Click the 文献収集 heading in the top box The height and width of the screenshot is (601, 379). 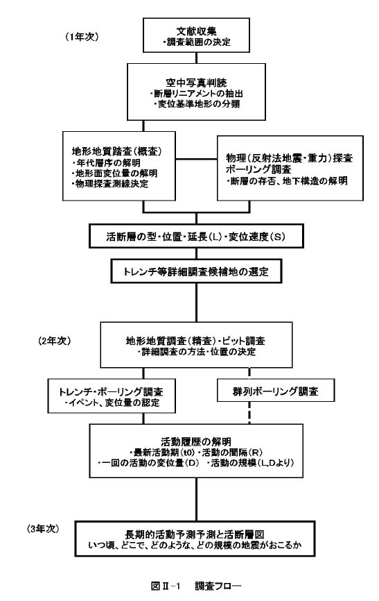[196, 31]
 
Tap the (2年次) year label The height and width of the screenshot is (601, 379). [54, 341]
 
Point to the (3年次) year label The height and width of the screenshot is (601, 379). [43, 529]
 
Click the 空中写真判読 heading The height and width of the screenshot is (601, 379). [196, 83]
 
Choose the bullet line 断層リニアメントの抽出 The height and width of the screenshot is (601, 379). [196, 94]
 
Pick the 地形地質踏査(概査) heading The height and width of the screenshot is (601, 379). [117, 151]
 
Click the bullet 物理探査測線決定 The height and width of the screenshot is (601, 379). [110, 184]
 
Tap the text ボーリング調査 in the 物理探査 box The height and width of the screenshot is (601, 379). [258, 169]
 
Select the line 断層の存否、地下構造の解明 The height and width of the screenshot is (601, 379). [287, 180]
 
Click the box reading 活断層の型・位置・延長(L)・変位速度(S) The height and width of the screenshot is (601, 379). [196, 236]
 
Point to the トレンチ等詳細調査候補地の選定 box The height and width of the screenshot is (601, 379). [196, 271]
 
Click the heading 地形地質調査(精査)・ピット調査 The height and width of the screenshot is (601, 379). [195, 341]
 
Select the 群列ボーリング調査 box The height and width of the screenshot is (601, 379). [276, 390]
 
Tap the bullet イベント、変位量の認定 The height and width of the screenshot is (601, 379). [112, 403]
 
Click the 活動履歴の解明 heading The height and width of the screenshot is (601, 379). [196, 441]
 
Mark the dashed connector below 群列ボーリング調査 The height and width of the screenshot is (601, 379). [249, 413]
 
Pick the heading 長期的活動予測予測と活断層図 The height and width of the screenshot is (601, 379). [195, 534]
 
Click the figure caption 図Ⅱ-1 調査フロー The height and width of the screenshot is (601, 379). [196, 586]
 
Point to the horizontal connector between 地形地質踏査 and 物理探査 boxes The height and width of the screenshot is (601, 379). [196, 158]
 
